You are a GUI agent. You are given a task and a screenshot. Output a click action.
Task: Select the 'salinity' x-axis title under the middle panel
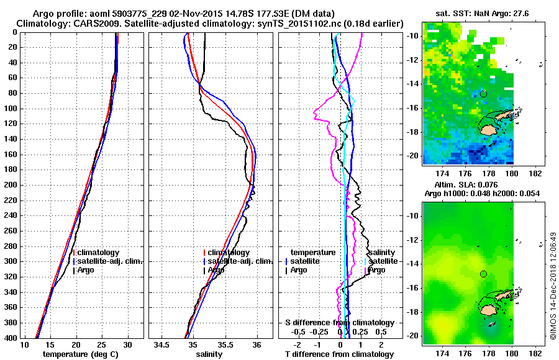[x=209, y=354]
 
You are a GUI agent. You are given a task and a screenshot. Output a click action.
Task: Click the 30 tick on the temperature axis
[x=128, y=344]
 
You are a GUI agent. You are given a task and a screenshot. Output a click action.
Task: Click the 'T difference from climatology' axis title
[x=339, y=354]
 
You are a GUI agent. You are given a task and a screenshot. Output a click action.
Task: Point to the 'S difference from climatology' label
[x=339, y=323]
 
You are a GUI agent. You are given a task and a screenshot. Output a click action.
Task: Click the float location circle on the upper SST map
[x=483, y=94]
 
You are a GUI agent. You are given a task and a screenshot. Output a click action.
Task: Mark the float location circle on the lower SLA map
[x=483, y=274]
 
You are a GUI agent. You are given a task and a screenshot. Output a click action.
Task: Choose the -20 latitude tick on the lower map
[x=411, y=335]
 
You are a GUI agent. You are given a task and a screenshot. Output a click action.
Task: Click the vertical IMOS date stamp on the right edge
[x=552, y=289]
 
